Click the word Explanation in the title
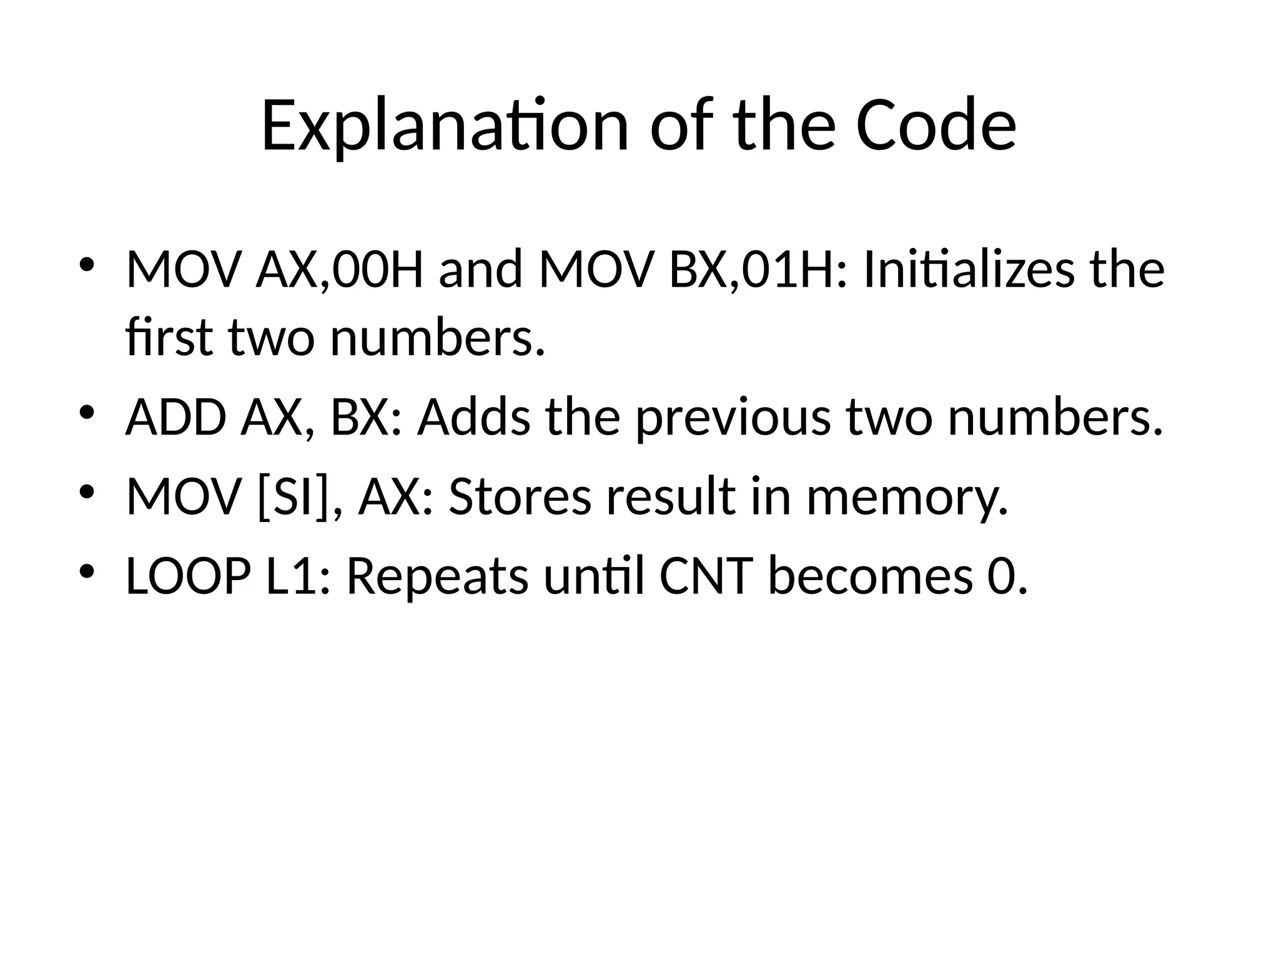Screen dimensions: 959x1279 pos(444,126)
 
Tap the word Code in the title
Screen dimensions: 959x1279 pos(936,126)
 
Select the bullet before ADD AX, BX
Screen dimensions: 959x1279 pos(86,413)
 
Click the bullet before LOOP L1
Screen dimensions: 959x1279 pos(86,571)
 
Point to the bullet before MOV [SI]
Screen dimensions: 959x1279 pos(86,492)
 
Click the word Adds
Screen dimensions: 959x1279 pos(474,418)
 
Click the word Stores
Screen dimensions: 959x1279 pos(520,497)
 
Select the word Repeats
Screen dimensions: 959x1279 pos(437,578)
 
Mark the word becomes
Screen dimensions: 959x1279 pos(870,576)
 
